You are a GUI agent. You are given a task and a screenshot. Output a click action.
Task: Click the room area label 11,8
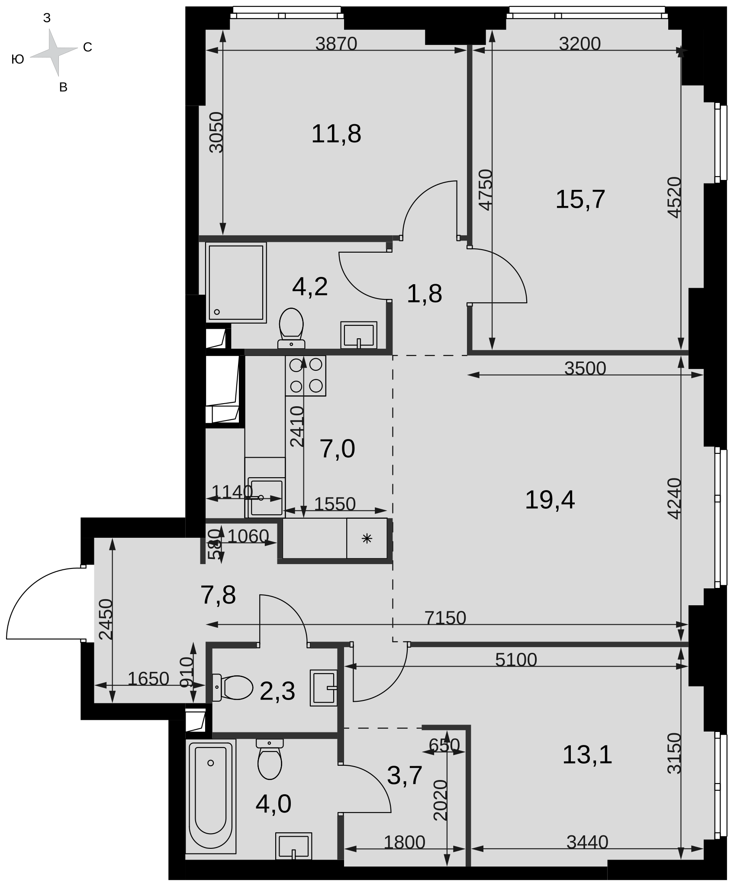[336, 134]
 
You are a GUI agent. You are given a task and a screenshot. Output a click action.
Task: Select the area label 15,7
[580, 199]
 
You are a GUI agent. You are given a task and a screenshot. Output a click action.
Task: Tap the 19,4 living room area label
[550, 500]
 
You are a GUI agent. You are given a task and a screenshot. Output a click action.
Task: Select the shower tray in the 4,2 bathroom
[236, 282]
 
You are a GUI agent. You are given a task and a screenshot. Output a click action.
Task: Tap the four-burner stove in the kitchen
[306, 376]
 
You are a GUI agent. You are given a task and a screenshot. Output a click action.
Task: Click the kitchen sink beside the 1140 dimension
[266, 497]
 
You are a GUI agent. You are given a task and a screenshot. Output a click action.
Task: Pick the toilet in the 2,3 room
[233, 687]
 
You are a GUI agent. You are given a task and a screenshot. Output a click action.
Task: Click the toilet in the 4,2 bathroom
[291, 328]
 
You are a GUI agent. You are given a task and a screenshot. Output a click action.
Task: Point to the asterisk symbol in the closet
[367, 538]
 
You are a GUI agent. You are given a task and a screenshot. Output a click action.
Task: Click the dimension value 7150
[445, 618]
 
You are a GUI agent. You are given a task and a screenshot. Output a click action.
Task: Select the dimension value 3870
[336, 44]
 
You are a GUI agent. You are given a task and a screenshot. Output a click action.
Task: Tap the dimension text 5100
[516, 660]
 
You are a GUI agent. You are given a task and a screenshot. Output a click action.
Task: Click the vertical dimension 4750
[486, 190]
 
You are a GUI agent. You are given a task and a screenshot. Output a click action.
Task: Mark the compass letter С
[87, 47]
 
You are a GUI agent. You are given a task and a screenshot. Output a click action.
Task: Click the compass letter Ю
[18, 60]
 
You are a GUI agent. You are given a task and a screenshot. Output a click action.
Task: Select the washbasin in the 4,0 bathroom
[293, 846]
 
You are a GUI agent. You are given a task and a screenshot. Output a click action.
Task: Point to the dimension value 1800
[405, 842]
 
